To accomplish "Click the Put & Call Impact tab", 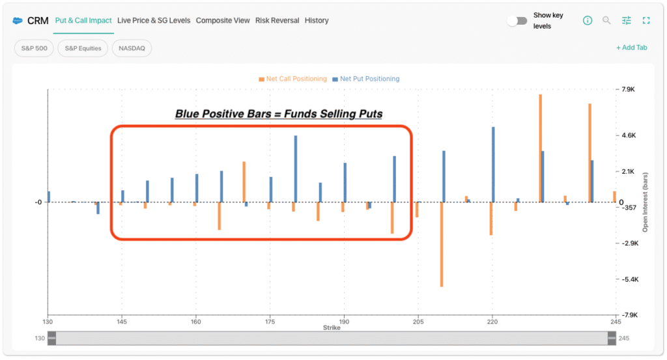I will pyautogui.click(x=83, y=20).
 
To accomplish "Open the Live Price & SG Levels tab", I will pyautogui.click(x=154, y=20).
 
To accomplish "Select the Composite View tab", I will pyautogui.click(x=223, y=20).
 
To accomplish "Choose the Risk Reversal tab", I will pyautogui.click(x=277, y=20).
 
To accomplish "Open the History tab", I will pyautogui.click(x=317, y=20).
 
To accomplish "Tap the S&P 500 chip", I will pyautogui.click(x=34, y=48).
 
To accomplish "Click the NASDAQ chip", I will pyautogui.click(x=132, y=48).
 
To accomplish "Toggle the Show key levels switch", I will pyautogui.click(x=517, y=21).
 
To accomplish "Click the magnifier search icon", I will pyautogui.click(x=606, y=20).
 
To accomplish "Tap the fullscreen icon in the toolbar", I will pyautogui.click(x=646, y=20).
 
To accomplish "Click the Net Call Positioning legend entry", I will pyautogui.click(x=292, y=79).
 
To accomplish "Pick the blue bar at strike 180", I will pyautogui.click(x=296, y=169).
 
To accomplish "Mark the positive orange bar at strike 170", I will pyautogui.click(x=244, y=182).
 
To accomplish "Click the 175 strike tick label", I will pyautogui.click(x=270, y=322).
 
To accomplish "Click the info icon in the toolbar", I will pyautogui.click(x=588, y=20).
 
